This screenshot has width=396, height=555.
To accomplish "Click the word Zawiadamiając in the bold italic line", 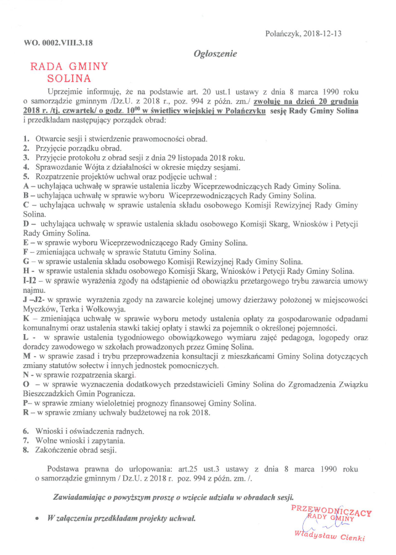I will pyautogui.click(x=77, y=497).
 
